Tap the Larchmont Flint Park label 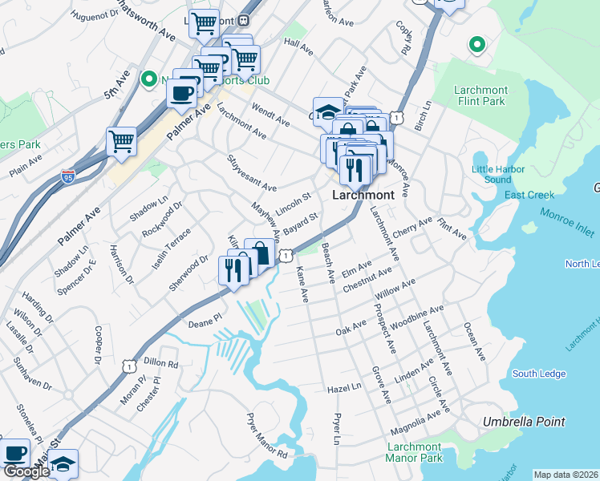click(x=480, y=95)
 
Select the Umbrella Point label click(x=524, y=422)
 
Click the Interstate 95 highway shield click(x=68, y=176)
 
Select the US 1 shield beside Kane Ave click(x=285, y=256)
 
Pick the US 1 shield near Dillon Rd click(x=128, y=366)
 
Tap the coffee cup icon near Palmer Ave click(x=181, y=92)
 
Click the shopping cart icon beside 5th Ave click(x=121, y=141)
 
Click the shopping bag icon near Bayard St click(x=260, y=253)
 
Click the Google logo click(x=26, y=472)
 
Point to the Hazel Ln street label click(x=345, y=387)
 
